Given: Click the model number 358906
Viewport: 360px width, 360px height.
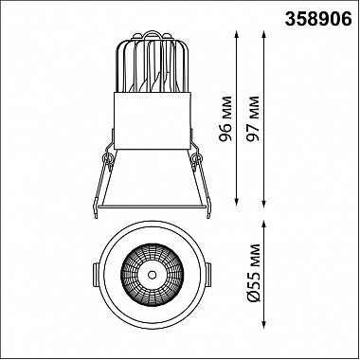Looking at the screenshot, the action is pos(318,20).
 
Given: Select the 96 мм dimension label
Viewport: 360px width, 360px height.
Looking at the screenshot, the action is pos(226,118).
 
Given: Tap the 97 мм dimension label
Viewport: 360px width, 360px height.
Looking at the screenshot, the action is pos(253,118).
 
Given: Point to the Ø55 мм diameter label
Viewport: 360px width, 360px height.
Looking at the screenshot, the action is pos(253,273).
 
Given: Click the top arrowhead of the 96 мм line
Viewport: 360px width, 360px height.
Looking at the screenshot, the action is pos(237,34).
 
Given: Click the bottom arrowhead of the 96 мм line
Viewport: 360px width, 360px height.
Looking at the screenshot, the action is pos(237,202).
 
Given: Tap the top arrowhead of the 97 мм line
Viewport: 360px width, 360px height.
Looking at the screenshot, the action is pos(264,34).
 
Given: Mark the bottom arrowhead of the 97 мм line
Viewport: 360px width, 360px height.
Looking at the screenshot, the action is pos(264,204).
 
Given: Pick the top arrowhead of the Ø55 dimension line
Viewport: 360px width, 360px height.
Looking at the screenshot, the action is pos(264,225).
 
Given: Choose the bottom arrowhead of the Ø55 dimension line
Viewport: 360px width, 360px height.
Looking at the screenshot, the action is pos(264,325).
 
